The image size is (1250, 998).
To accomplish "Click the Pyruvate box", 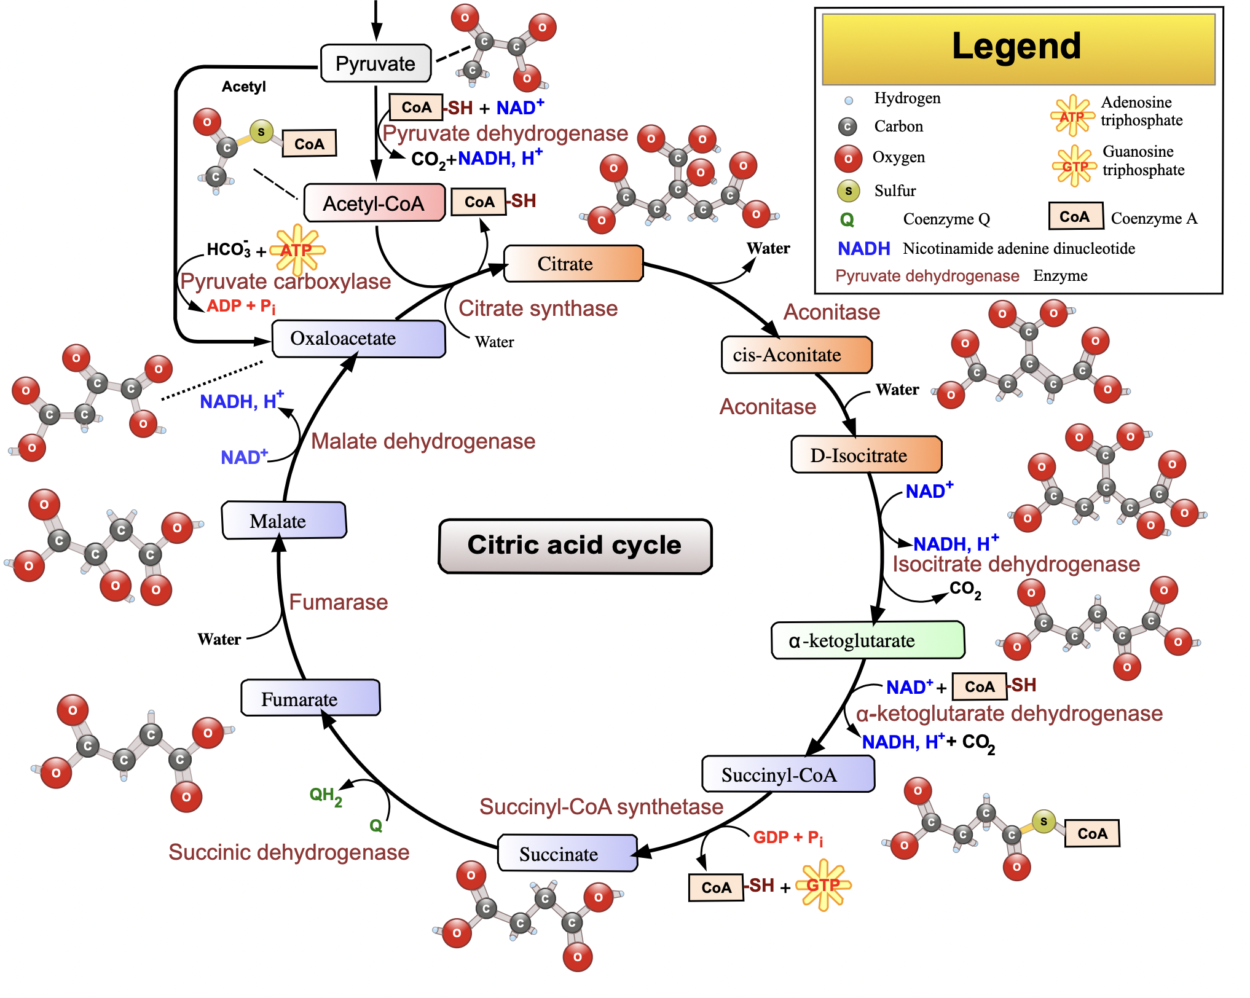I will pos(375,63).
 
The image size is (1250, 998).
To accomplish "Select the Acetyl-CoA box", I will pos(374,203).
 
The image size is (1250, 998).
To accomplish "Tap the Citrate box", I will pos(573,264).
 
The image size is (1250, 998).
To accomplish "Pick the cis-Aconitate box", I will pos(796,355).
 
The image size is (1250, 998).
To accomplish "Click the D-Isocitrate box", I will pos(865,455).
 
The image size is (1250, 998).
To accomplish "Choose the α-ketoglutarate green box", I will pos(867,640).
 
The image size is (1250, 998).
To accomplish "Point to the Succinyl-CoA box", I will pos(787,774).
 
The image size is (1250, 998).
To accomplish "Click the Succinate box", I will pos(567,853).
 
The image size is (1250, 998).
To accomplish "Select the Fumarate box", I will pos(310,698).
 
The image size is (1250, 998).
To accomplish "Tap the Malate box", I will pos(283,521).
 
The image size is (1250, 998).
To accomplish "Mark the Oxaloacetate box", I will pos(358,339).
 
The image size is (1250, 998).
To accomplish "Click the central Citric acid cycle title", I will pos(575,546).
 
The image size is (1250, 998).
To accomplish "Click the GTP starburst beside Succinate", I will pos(823,885).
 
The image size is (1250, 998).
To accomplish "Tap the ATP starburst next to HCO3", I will pos(297,249).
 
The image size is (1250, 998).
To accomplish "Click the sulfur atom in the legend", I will pos(848,191).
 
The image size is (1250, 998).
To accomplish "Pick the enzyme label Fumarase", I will pos(339,602).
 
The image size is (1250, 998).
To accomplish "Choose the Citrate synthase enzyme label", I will pos(538,308).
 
